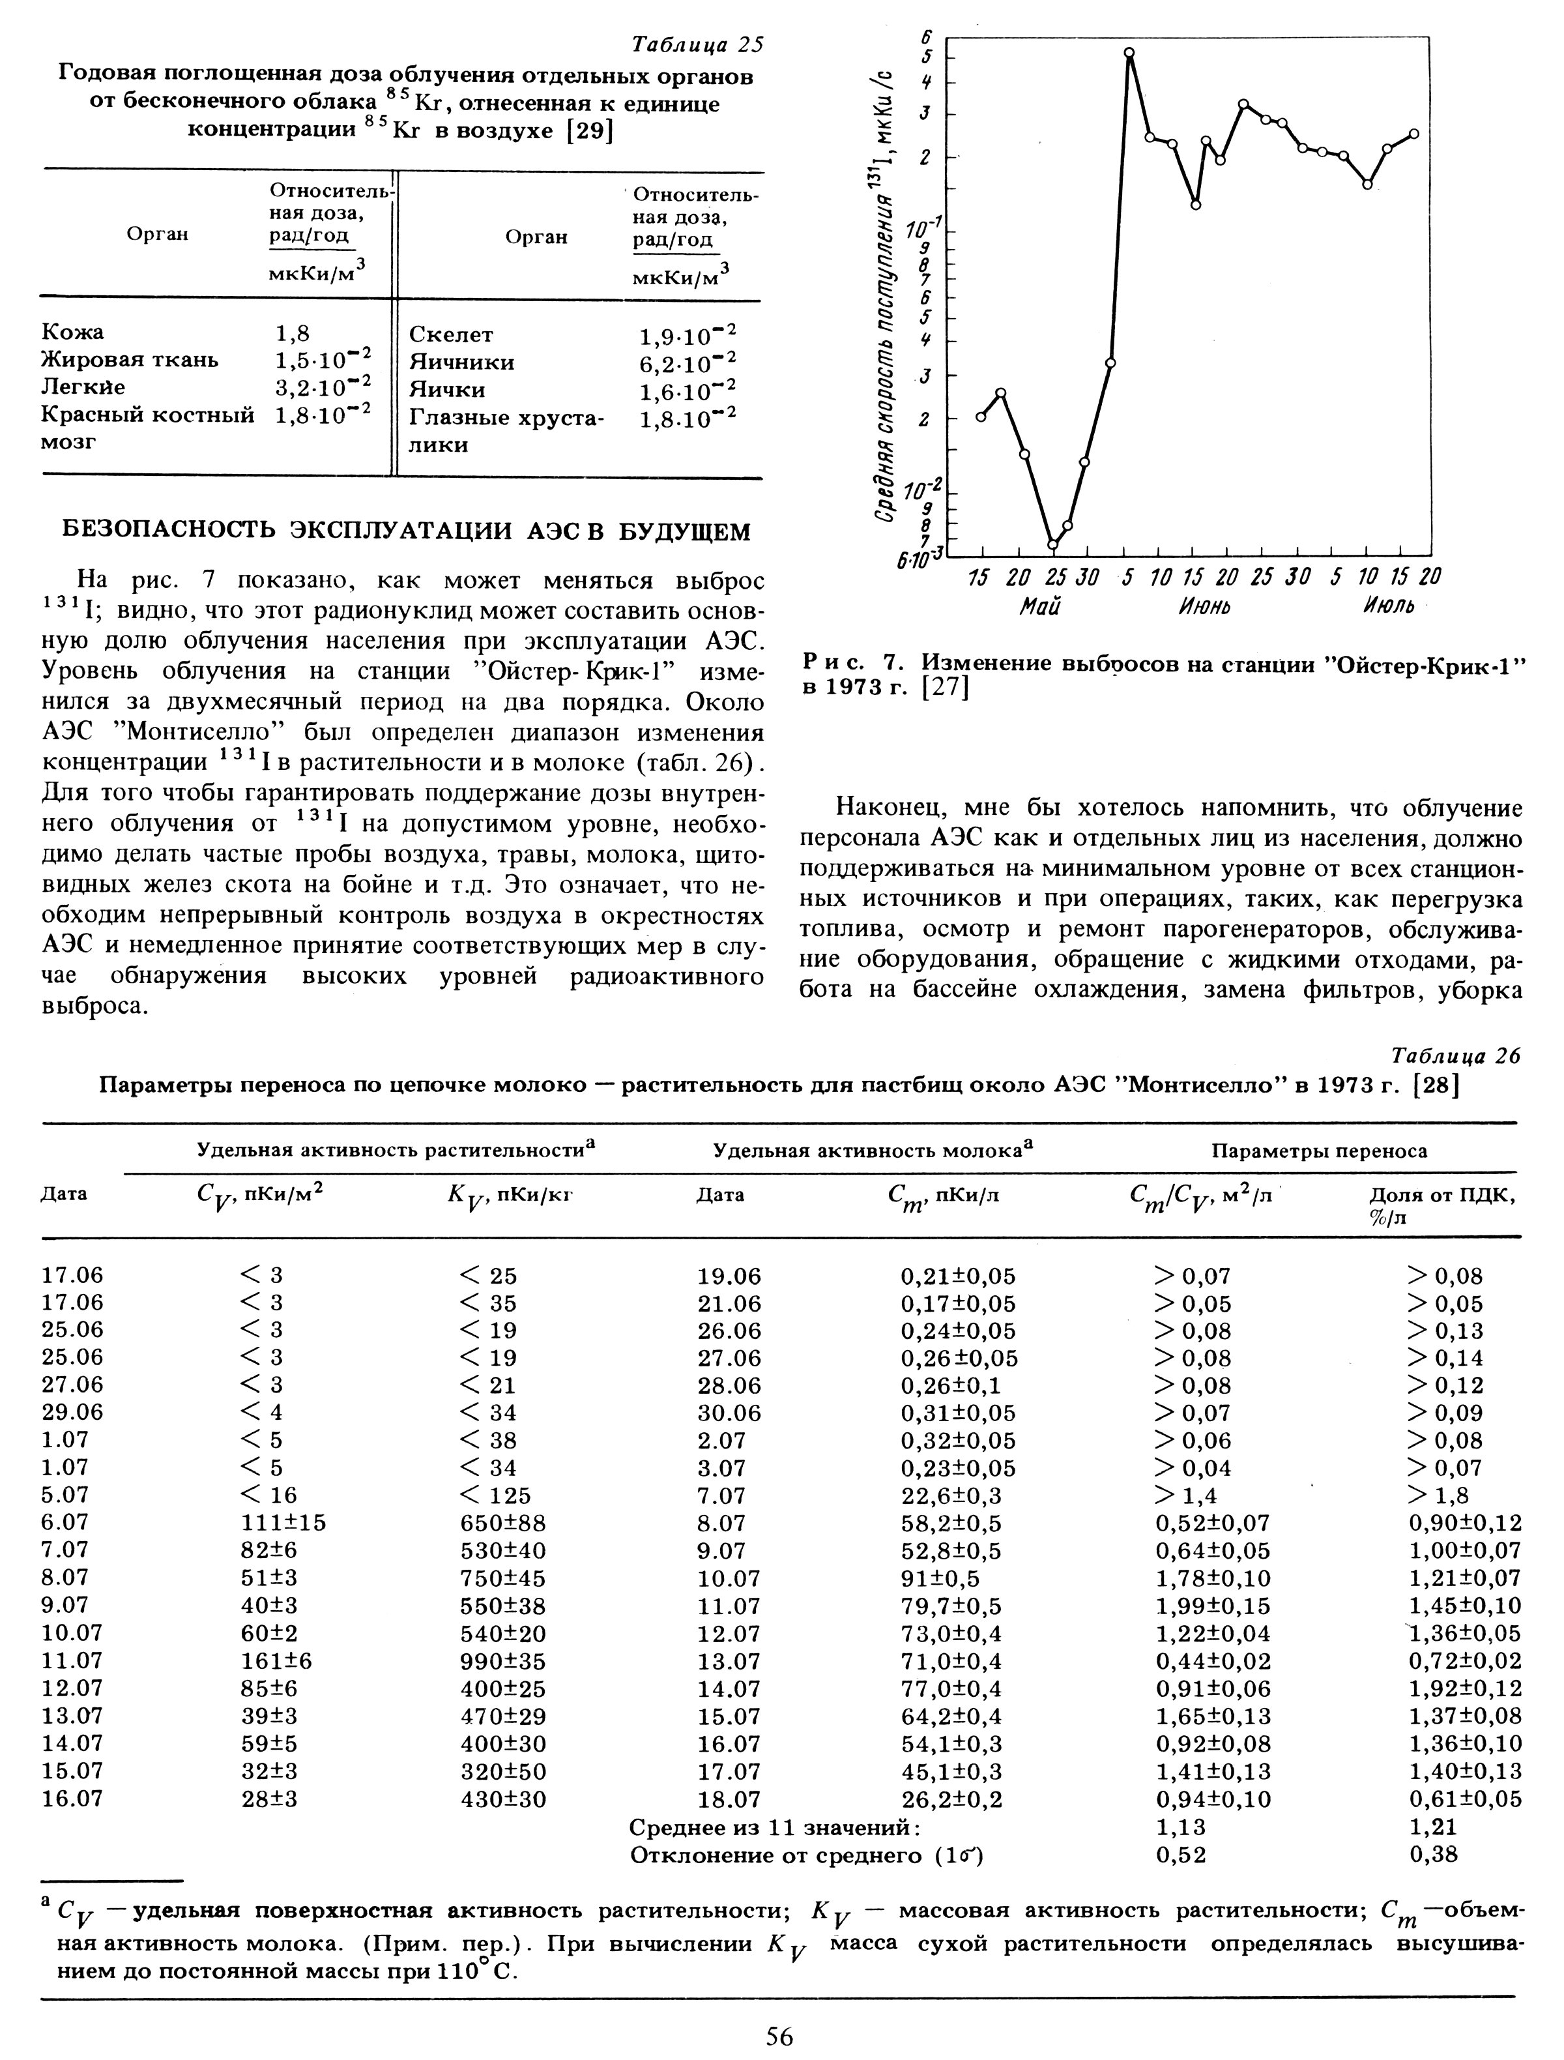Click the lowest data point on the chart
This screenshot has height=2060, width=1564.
pos(1052,545)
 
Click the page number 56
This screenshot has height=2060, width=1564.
pos(779,2037)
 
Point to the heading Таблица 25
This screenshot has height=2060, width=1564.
pos(697,46)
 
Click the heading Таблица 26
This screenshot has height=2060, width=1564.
pos(1453,1055)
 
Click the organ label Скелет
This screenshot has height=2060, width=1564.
pos(452,334)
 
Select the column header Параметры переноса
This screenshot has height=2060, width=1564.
pos(1318,1151)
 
